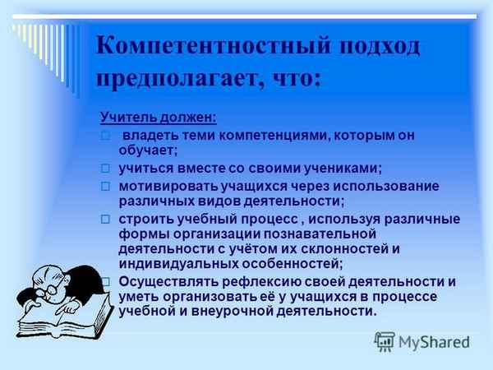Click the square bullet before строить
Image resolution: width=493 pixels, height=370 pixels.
pos(105,219)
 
